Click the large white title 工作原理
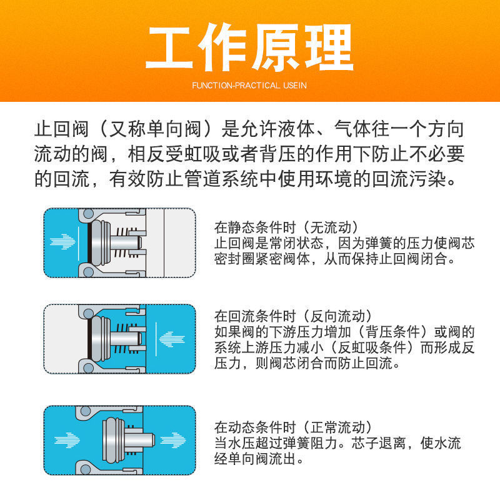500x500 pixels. click(249, 47)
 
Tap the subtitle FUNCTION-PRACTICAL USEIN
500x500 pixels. click(249, 86)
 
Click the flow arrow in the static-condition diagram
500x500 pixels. click(62, 242)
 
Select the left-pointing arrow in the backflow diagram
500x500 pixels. click(172, 339)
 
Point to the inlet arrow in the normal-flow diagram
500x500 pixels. click(67, 441)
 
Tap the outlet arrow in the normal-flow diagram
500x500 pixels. click(173, 441)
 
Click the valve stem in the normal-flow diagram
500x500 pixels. click(139, 441)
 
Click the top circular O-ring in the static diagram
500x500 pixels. click(88, 214)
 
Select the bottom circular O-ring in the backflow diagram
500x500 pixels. click(88, 368)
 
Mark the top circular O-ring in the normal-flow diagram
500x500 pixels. click(85, 411)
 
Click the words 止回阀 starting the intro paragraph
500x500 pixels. click(61, 129)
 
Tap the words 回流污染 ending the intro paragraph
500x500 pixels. click(409, 179)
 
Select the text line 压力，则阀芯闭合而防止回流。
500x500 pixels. click(307, 362)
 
